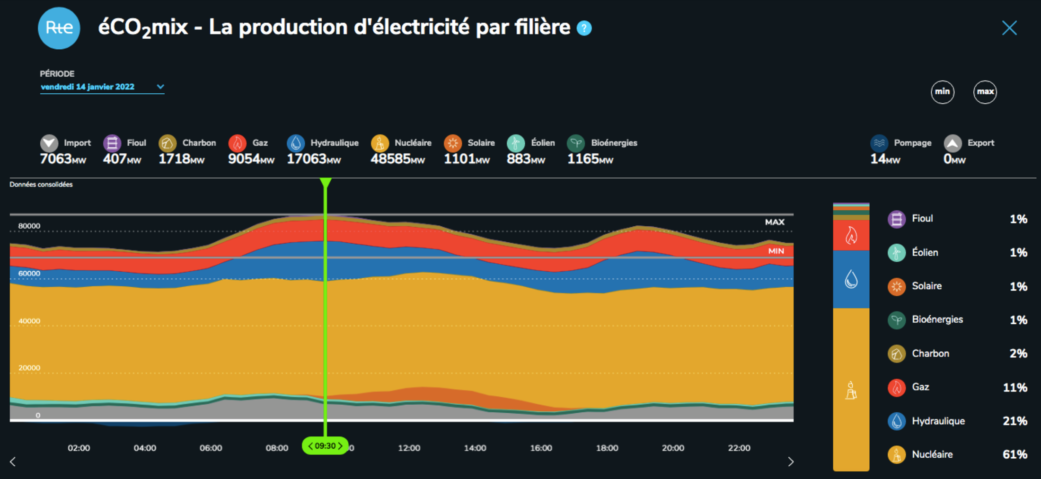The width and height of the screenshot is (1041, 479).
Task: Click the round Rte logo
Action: [59, 28]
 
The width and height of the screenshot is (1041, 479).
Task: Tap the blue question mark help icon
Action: [584, 28]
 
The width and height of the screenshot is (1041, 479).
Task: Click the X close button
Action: [1009, 28]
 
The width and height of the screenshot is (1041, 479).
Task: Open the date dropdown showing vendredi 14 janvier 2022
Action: [102, 87]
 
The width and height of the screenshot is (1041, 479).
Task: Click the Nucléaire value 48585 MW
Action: [397, 159]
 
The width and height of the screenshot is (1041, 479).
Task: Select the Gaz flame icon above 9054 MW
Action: [237, 142]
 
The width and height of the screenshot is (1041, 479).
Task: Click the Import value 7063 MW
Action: [62, 159]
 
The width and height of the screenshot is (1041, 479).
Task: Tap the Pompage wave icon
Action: [879, 143]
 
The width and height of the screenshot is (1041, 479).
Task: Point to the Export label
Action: [980, 143]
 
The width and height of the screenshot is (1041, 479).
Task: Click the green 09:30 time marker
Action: [326, 446]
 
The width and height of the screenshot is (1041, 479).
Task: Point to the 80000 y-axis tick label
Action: [29, 226]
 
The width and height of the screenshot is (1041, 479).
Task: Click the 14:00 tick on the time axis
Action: [475, 448]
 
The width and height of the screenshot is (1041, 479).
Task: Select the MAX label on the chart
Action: [775, 222]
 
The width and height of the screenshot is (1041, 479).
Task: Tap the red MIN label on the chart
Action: [776, 251]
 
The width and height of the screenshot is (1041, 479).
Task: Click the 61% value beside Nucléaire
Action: [1015, 454]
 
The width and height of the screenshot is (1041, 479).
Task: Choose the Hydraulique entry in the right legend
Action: [938, 421]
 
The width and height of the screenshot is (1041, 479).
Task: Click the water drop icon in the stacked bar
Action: [851, 279]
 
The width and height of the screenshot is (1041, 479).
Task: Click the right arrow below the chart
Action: [791, 461]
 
